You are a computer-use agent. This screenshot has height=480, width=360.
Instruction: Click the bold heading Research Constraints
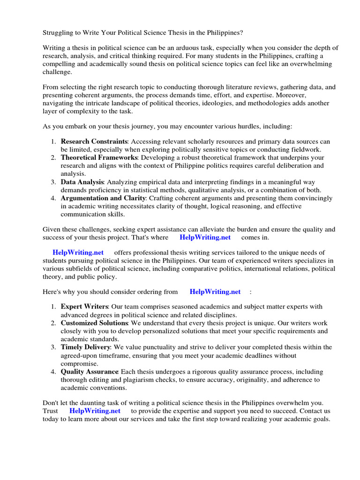coord(94,142)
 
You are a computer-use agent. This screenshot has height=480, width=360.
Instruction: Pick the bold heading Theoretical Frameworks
coord(99,157)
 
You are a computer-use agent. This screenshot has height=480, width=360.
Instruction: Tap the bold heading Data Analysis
coord(82,182)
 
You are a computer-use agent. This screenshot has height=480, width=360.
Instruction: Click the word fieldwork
coord(306,150)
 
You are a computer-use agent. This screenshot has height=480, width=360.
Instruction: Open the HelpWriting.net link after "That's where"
coord(205,237)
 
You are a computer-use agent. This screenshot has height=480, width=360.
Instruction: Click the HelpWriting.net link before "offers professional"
coord(78,252)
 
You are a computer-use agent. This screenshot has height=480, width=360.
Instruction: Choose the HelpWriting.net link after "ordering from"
coord(215,292)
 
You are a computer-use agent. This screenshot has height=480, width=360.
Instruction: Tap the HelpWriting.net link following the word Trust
coord(95,411)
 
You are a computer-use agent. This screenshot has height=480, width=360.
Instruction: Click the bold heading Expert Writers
coord(84,307)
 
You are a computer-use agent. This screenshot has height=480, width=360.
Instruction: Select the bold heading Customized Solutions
coord(94,323)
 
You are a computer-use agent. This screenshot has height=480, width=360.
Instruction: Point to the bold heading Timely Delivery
coord(85,347)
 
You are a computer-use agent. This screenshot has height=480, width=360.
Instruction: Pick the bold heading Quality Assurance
coord(90,372)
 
